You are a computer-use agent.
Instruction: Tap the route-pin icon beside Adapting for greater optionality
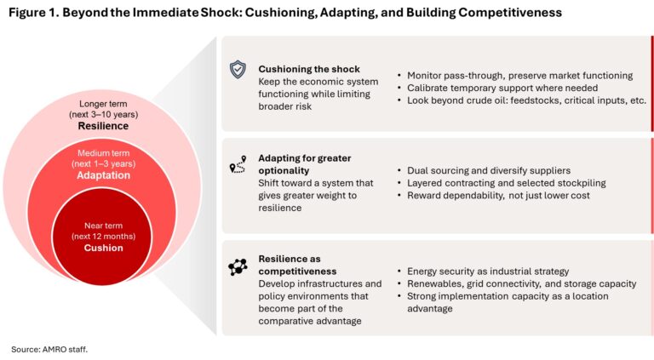238,165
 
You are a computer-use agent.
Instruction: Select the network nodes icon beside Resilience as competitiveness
238,267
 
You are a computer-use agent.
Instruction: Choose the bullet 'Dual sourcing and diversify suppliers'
484,170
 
